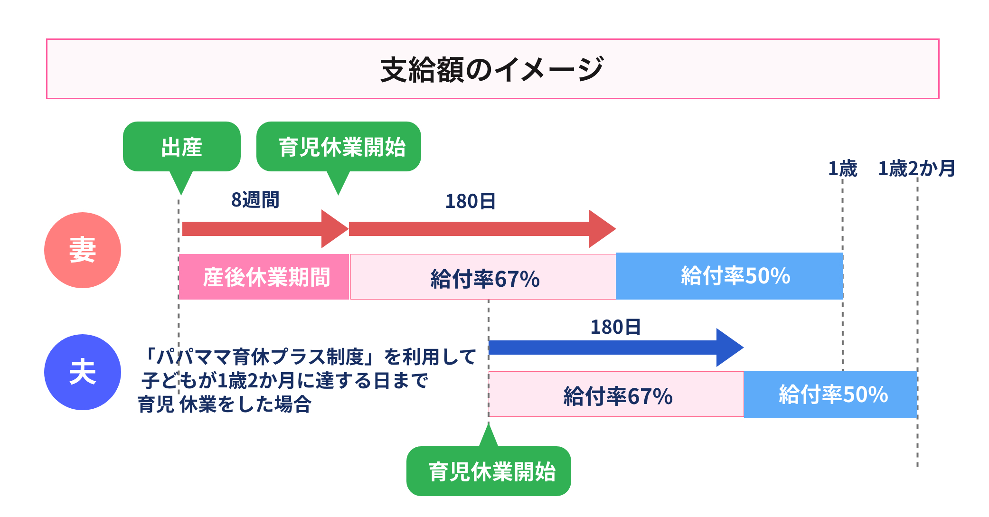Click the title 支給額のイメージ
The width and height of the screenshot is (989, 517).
pyautogui.click(x=492, y=69)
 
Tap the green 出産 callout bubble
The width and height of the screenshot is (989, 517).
pyautogui.click(x=181, y=147)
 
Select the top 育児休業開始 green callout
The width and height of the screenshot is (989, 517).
pyautogui.click(x=339, y=147)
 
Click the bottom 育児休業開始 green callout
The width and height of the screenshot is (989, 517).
pyautogui.click(x=489, y=471)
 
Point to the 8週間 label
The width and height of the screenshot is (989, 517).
pyautogui.click(x=255, y=200)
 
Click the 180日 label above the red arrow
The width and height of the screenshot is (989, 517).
pyautogui.click(x=470, y=201)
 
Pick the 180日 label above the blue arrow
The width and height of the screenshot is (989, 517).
pyautogui.click(x=615, y=327)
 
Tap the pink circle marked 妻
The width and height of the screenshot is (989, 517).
pyautogui.click(x=83, y=250)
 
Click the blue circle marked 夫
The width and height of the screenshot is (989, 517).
pyautogui.click(x=83, y=372)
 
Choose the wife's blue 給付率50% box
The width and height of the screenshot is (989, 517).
pyautogui.click(x=729, y=276)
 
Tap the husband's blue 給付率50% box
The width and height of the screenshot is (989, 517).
pyautogui.click(x=831, y=395)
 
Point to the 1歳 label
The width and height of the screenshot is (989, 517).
pyautogui.click(x=842, y=169)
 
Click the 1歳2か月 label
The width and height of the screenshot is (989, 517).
pyautogui.click(x=916, y=169)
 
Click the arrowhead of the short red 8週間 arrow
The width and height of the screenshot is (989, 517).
pyautogui.click(x=334, y=229)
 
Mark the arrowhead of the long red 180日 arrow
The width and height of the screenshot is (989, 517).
pyautogui.click(x=601, y=229)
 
